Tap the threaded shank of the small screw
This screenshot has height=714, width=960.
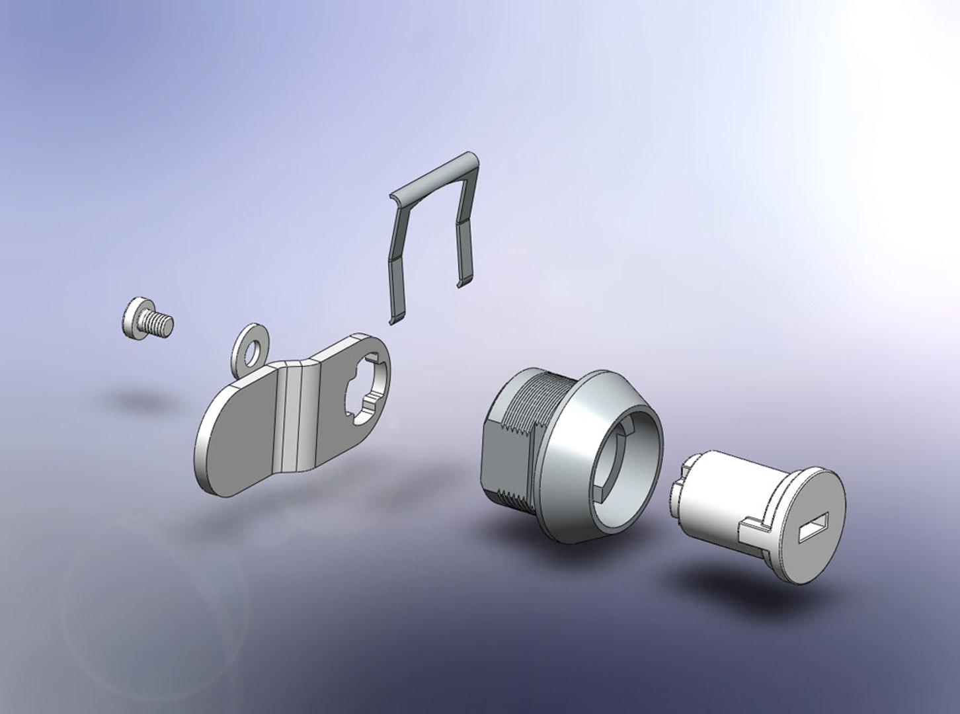pyautogui.click(x=160, y=323)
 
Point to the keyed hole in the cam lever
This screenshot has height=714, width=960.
pyautogui.click(x=362, y=397)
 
